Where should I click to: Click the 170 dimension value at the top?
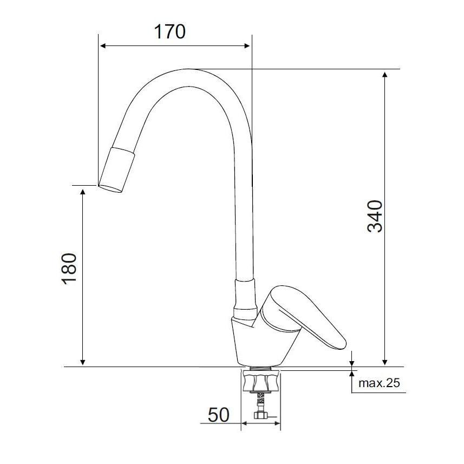(x=170, y=32)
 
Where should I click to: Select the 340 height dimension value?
(x=375, y=216)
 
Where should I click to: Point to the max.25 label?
(x=379, y=384)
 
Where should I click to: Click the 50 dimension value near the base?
(x=218, y=415)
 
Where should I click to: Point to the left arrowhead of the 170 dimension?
(x=101, y=46)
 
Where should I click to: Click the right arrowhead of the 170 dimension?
(x=249, y=46)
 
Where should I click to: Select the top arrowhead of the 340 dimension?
(x=385, y=73)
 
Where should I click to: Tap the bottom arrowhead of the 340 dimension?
(x=385, y=363)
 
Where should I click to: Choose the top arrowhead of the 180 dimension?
(x=83, y=189)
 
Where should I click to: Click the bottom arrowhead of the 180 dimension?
(x=83, y=363)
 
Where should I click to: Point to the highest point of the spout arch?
(x=187, y=69)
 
